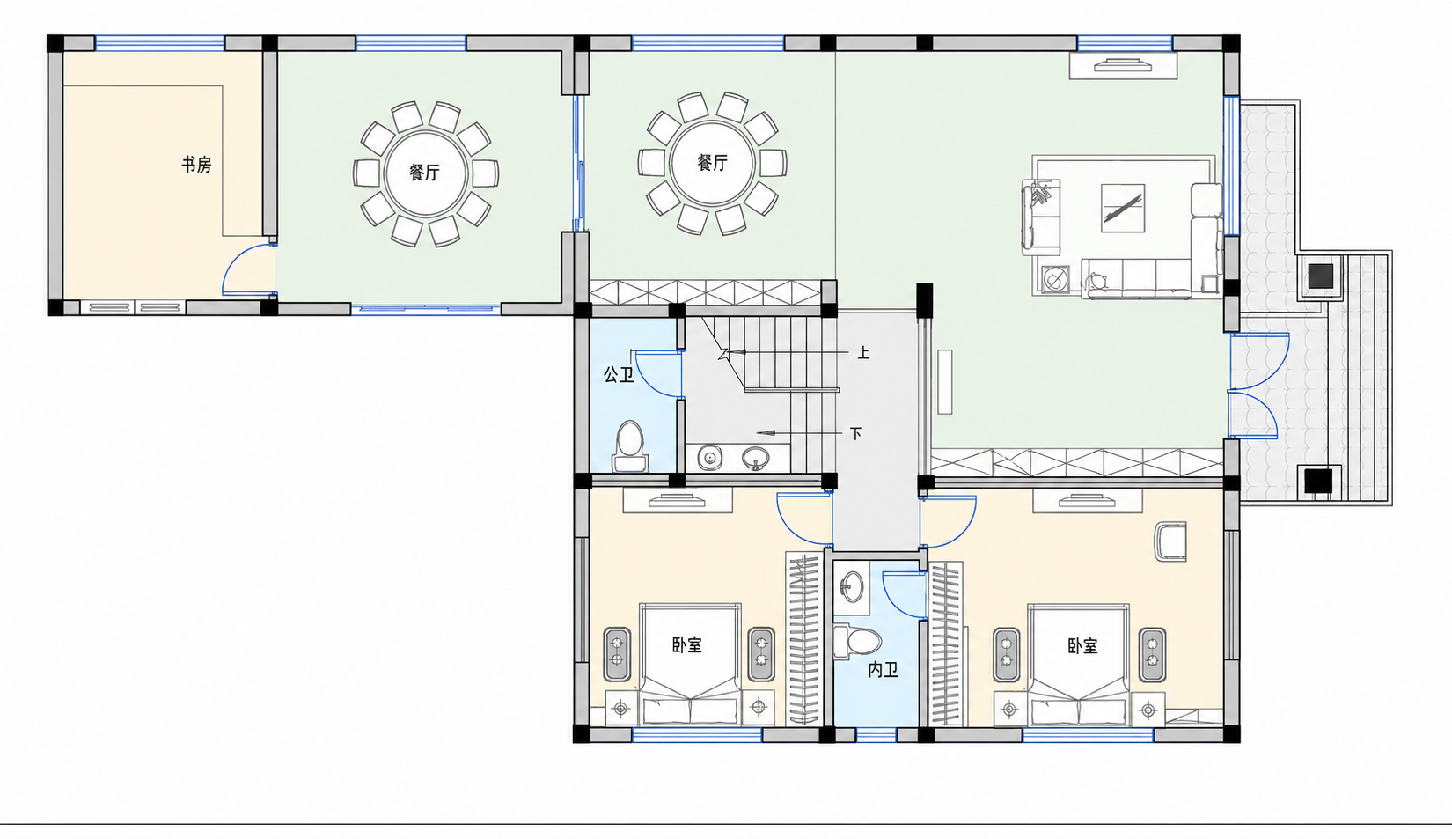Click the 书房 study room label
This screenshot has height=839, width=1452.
point(196,165)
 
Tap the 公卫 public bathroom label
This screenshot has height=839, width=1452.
point(619,375)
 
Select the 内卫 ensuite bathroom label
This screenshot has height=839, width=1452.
point(883,670)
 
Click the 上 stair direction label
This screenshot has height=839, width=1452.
point(863,353)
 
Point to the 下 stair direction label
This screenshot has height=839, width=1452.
point(855,433)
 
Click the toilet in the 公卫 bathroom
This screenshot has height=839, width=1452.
point(629,446)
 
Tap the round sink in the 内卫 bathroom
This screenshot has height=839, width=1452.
point(851,587)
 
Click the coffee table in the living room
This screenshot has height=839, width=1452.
point(1123,208)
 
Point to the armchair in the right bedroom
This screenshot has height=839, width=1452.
point(1170,541)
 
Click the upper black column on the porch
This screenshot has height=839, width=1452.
point(1320,276)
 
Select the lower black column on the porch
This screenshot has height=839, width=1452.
point(1318,481)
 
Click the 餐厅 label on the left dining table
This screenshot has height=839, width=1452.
point(424,173)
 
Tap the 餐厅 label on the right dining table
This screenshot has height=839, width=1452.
point(713,163)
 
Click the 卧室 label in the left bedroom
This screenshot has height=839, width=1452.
point(686,645)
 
